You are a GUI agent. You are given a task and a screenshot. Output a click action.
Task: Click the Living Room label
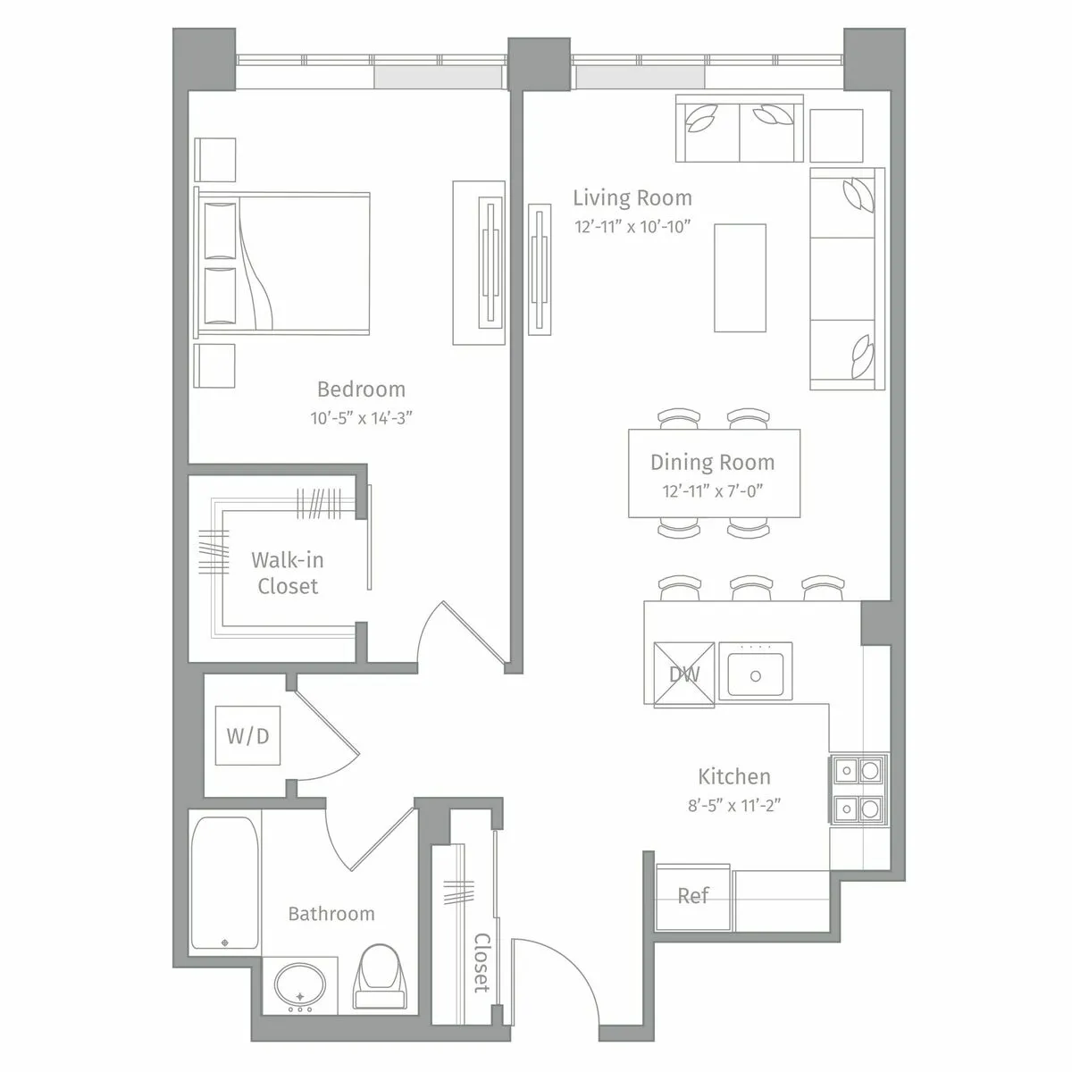point(632,197)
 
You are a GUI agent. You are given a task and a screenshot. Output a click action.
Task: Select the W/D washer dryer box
point(247,736)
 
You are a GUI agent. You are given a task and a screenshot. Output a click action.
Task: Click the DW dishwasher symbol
point(684,674)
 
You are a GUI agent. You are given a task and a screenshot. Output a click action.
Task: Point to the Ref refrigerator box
point(694,896)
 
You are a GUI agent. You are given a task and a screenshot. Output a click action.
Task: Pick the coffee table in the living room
point(740,277)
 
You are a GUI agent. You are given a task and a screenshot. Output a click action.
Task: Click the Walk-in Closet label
point(288,573)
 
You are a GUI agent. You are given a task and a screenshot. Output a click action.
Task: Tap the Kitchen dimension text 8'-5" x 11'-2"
point(734,805)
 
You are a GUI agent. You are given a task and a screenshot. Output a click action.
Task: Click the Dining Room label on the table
point(712,462)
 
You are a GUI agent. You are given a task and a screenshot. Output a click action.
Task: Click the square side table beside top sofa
point(836,136)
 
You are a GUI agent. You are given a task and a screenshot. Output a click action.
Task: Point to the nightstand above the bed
point(215,160)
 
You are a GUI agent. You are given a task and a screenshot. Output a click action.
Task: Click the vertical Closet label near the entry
point(482,963)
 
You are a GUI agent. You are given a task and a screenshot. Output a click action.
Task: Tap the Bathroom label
point(331,913)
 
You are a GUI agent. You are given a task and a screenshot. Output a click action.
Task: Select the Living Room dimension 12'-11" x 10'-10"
point(633,227)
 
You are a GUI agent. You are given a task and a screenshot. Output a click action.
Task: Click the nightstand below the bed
point(215,365)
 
